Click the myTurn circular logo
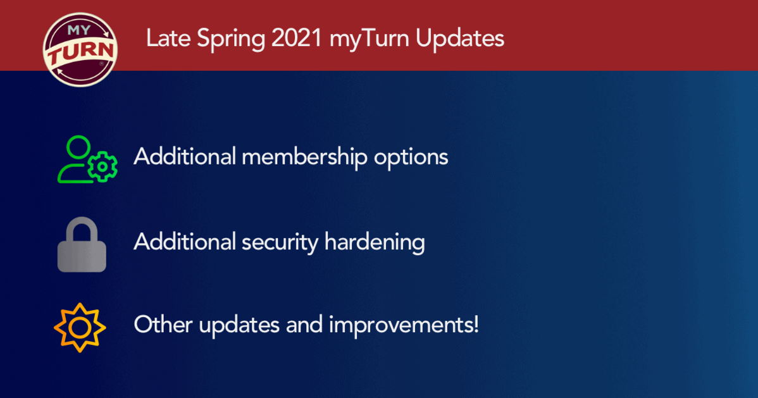[x=80, y=49]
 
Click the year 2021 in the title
[x=297, y=38]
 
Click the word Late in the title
[x=168, y=38]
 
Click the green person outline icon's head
[x=78, y=147]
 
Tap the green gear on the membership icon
[x=103, y=167]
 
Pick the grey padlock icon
[x=82, y=244]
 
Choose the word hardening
[x=375, y=242]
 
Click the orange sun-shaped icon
[x=80, y=327]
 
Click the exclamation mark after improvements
[x=476, y=324]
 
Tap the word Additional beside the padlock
[x=185, y=242]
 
